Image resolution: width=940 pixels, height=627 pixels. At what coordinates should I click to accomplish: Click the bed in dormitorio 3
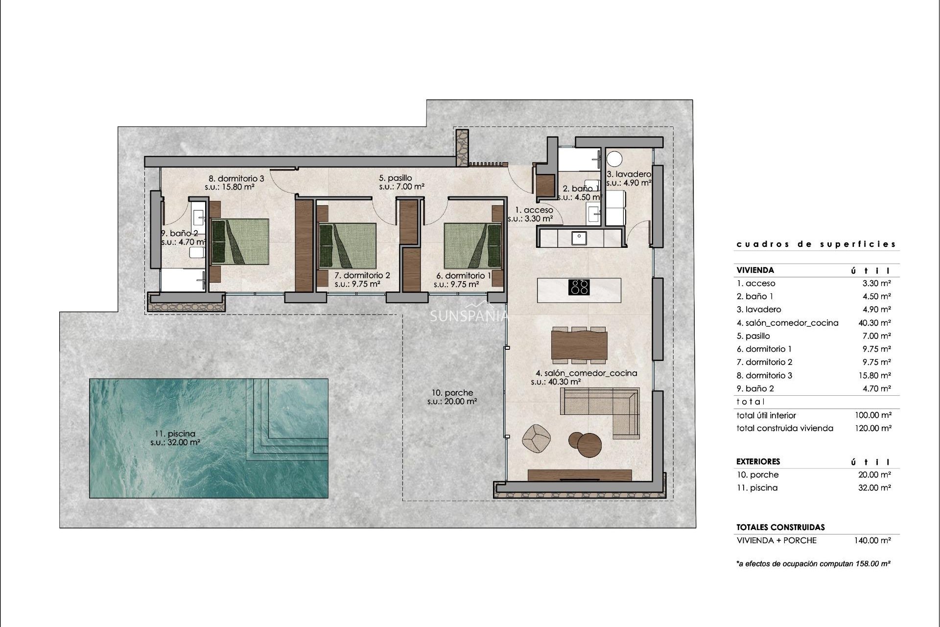tap(240, 241)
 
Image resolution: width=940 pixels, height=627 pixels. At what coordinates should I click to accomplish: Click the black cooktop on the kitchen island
tap(579, 287)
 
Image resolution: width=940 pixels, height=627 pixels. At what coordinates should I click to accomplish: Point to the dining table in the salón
tap(579, 345)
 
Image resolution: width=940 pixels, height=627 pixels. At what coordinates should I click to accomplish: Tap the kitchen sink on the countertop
tap(580, 238)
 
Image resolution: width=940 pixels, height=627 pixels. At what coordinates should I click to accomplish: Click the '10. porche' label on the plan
tap(452, 393)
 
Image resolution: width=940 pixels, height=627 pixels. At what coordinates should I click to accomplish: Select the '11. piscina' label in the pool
tap(175, 434)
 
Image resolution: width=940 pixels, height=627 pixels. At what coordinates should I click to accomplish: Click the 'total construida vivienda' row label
tap(784, 428)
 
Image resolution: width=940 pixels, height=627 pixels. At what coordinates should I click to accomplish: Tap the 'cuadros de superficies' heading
tap(816, 244)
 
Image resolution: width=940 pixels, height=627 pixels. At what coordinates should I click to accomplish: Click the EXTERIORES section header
tap(758, 461)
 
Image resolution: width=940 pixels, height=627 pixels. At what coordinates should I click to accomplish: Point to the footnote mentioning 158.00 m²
tap(813, 564)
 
